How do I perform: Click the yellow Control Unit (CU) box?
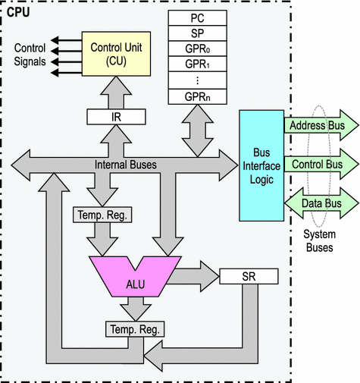pyautogui.click(x=116, y=54)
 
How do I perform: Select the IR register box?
pyautogui.click(x=116, y=117)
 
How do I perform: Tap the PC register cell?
pyautogui.click(x=198, y=18)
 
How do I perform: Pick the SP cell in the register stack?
pyautogui.click(x=198, y=33)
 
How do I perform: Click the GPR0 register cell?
pyautogui.click(x=198, y=49)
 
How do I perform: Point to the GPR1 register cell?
pyautogui.click(x=198, y=64)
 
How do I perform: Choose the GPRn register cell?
pyautogui.click(x=198, y=96)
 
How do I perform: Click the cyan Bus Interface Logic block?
pyautogui.click(x=261, y=165)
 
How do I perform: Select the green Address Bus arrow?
pyautogui.click(x=321, y=125)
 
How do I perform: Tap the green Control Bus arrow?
pyautogui.click(x=321, y=165)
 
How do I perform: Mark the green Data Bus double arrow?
pyautogui.click(x=321, y=203)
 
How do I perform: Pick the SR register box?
pyautogui.click(x=249, y=276)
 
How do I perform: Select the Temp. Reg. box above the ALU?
pyautogui.click(x=102, y=215)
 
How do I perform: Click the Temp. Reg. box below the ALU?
pyautogui.click(x=135, y=329)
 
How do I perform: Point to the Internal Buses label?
pyautogui.click(x=126, y=165)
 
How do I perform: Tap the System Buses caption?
pyautogui.click(x=320, y=240)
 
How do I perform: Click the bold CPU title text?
pyautogui.click(x=18, y=12)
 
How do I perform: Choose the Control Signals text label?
pyautogui.click(x=30, y=55)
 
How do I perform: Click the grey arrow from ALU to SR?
pyautogui.click(x=193, y=277)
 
